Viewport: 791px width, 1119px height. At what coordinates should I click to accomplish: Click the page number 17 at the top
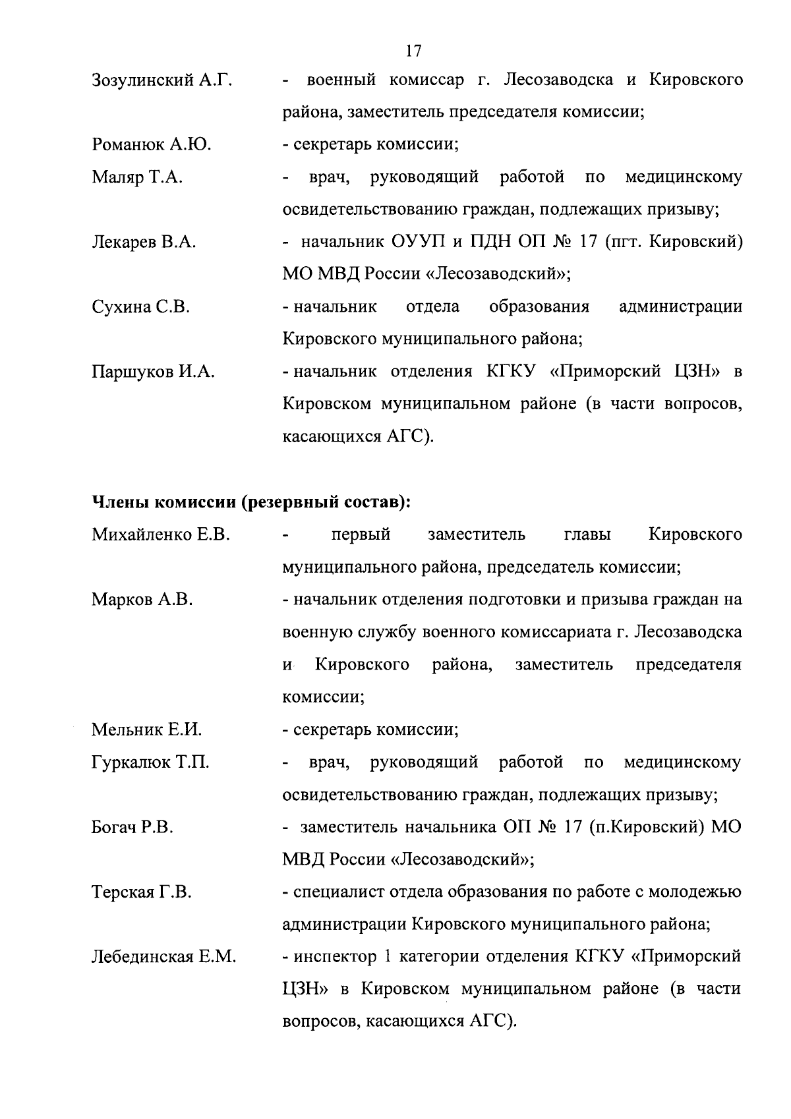pos(413,51)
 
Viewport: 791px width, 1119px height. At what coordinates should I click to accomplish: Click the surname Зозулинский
pos(144,81)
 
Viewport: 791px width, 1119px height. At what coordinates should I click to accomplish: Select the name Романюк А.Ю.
pos(151,145)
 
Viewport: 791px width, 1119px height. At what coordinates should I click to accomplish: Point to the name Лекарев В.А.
pos(144,243)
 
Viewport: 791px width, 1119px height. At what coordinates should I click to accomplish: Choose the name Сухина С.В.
pos(140,307)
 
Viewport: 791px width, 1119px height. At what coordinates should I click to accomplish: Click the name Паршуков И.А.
pos(153,372)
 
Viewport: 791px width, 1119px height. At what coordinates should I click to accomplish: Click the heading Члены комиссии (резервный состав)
pos(251,502)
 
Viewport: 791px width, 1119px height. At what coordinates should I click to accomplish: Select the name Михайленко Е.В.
pos(160,534)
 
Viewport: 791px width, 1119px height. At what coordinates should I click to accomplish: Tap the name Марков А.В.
pos(142,600)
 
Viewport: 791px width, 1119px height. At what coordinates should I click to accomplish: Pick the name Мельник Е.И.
pos(146,730)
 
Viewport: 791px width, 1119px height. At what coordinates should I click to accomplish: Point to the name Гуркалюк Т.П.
pos(150,762)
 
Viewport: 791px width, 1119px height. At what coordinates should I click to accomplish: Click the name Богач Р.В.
pos(132,827)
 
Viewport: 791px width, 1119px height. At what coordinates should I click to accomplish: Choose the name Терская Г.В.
pos(141,892)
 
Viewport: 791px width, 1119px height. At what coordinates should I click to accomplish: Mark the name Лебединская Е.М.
pos(163,957)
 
